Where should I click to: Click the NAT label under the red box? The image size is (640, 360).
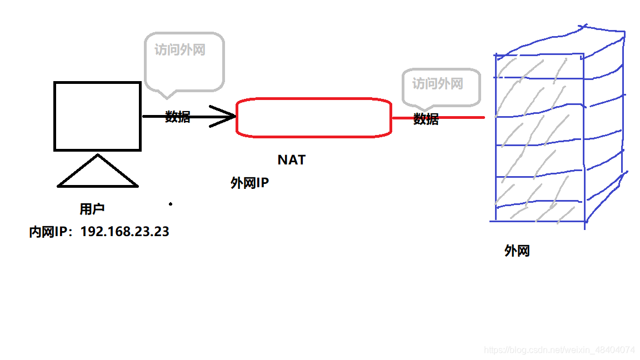point(292,160)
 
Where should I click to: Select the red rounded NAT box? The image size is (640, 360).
point(314,117)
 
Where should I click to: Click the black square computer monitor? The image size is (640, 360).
point(97,116)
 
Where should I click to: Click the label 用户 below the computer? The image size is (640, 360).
point(92,209)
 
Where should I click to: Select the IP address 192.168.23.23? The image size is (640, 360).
point(125,232)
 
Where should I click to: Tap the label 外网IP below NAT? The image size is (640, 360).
point(250,183)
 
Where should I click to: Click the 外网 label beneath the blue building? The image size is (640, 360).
point(517,251)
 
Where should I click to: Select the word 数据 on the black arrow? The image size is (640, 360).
point(178,117)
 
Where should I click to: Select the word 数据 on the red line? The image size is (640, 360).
point(426,119)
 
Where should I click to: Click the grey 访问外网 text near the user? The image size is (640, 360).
point(180,50)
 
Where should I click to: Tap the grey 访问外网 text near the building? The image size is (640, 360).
point(438,84)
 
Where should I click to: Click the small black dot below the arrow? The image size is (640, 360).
point(171,204)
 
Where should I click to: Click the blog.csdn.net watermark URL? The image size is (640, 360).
point(559,350)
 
